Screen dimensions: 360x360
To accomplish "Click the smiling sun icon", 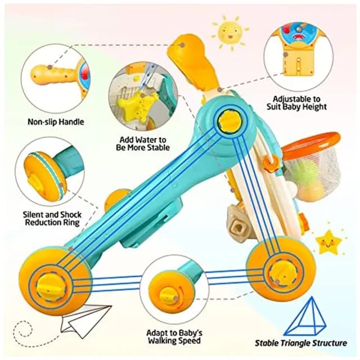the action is click(x=230, y=31).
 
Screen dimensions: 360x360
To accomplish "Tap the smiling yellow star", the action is click(x=328, y=242).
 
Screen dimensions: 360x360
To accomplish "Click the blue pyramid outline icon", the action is click(x=305, y=317).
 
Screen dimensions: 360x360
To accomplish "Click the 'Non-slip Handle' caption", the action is click(x=56, y=121).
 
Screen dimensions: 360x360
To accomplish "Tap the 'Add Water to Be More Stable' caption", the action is click(x=143, y=143).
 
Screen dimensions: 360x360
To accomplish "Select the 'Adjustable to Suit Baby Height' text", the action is click(x=296, y=103).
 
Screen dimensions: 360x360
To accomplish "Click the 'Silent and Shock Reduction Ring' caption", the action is click(x=52, y=219).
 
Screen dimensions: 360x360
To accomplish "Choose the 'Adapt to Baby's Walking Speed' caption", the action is click(x=174, y=336).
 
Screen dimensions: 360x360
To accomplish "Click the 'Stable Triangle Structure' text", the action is click(x=301, y=343).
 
